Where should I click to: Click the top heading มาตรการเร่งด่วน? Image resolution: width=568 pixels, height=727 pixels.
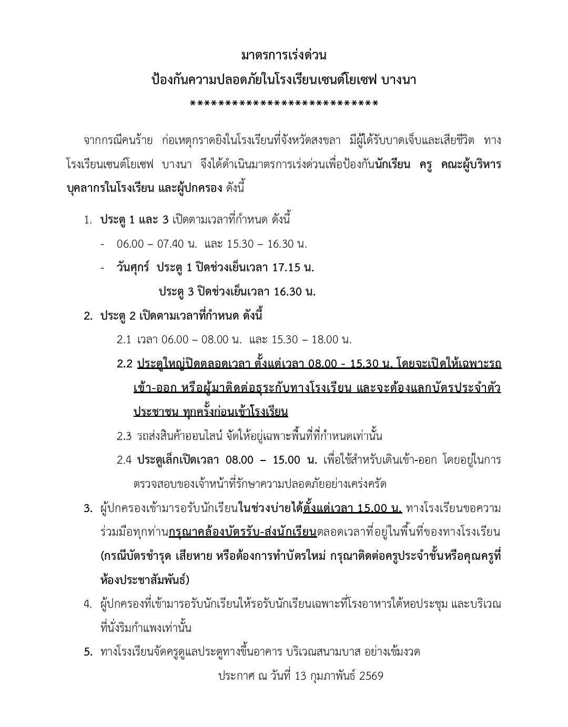283,55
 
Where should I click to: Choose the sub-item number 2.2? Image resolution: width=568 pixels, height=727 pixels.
125,364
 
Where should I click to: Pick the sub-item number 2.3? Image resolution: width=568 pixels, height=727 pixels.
124,436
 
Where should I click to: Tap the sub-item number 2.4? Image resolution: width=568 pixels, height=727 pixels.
124,460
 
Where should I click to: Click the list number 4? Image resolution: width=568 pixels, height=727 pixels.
88,604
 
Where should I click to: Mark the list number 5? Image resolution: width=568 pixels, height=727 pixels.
88,652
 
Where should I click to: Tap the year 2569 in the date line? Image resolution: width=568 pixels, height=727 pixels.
371,676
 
